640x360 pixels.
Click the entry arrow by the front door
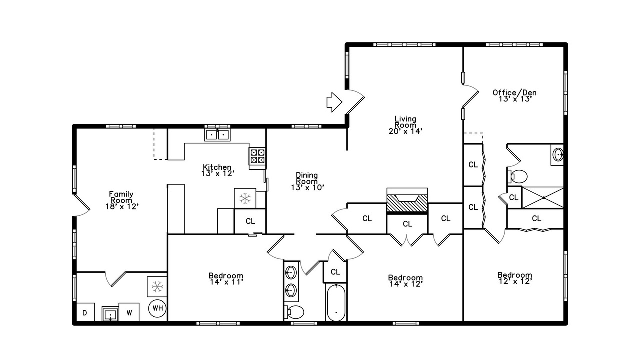click(334, 102)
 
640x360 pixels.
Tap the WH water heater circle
click(157, 308)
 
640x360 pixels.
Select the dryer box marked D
click(85, 312)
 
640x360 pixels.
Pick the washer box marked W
click(129, 312)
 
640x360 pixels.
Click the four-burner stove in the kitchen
click(257, 156)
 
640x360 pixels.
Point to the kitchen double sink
click(217, 135)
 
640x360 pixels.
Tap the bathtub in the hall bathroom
click(336, 303)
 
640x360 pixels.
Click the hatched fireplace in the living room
click(407, 203)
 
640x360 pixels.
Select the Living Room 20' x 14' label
click(405, 125)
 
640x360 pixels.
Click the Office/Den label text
click(515, 93)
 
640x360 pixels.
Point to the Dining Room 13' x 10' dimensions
click(307, 187)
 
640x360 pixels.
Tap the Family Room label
click(121, 197)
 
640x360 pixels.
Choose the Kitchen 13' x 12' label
click(217, 170)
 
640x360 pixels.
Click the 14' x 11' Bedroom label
click(226, 279)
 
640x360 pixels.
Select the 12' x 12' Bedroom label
click(515, 278)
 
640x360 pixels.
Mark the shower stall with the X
click(543, 197)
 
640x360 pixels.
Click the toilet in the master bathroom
click(517, 176)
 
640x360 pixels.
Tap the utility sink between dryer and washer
click(110, 314)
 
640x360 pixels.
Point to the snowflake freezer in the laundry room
click(157, 286)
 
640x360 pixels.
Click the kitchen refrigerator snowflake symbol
click(245, 198)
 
